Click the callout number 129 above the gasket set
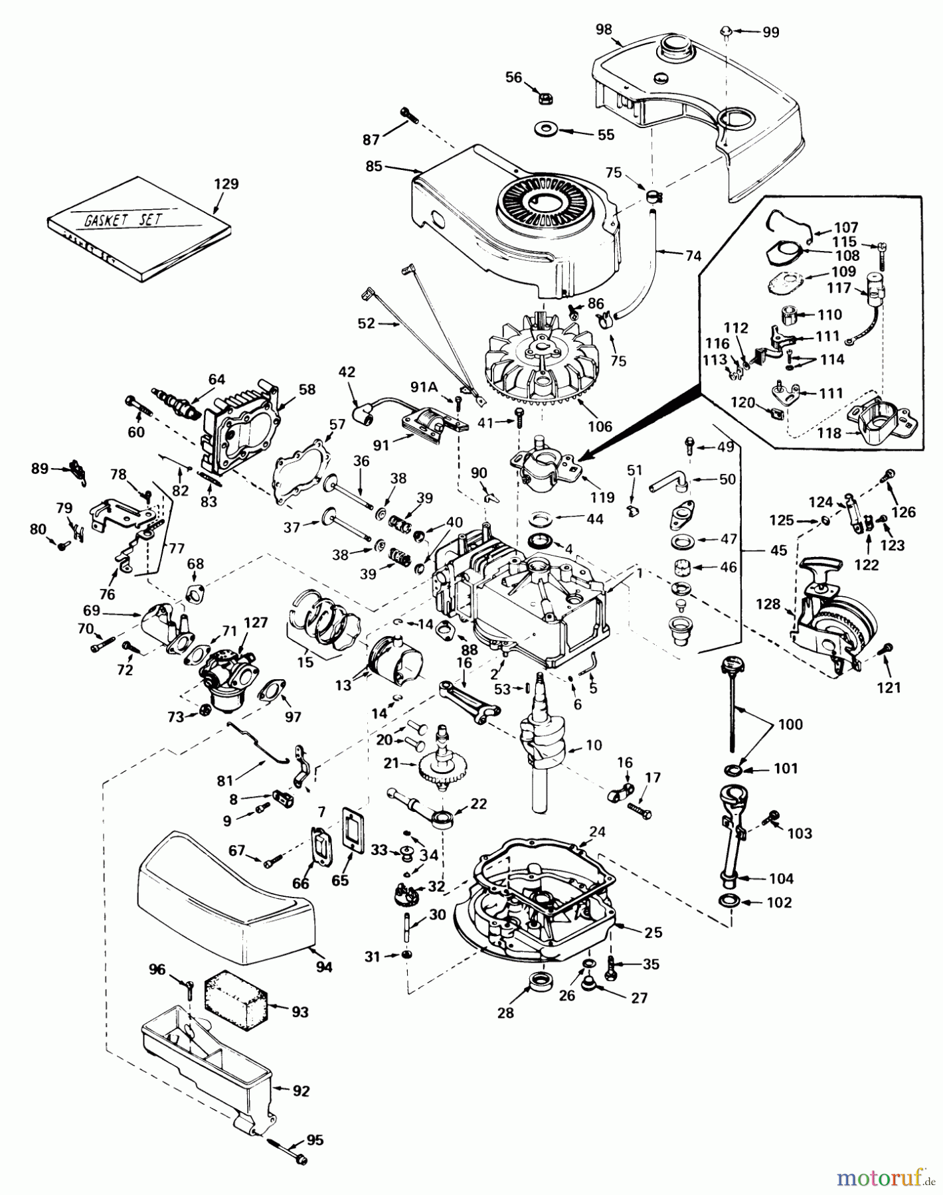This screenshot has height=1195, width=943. pos(226,184)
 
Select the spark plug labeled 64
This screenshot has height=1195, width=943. pos(175,403)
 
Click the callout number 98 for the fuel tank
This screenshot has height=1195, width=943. pos(604,29)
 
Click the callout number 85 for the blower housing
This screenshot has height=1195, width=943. pos(374,166)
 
